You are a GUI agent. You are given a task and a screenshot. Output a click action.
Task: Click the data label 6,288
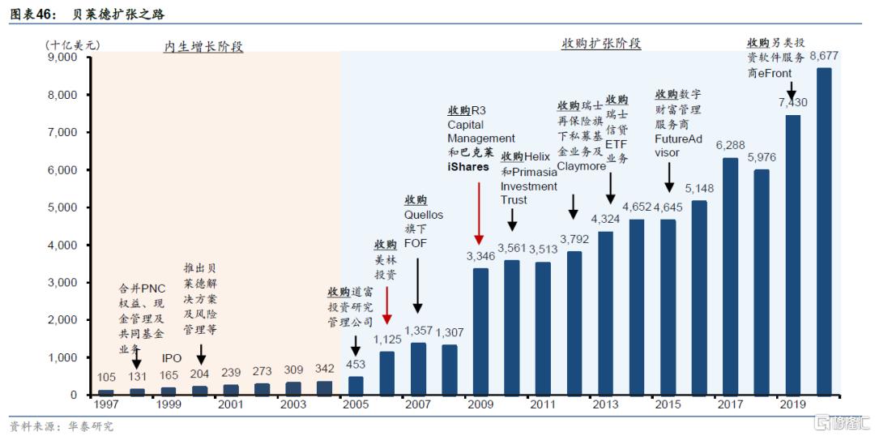(x=730, y=145)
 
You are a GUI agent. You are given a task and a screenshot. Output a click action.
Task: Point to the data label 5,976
(x=762, y=157)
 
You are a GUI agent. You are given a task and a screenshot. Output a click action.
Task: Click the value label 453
(x=356, y=365)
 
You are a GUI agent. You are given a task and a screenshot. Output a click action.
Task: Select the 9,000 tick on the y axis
(x=62, y=58)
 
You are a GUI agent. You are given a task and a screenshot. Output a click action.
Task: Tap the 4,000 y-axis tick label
(x=62, y=245)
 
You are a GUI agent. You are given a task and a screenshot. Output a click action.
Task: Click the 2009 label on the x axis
(x=480, y=404)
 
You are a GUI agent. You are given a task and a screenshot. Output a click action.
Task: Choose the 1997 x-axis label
(x=105, y=404)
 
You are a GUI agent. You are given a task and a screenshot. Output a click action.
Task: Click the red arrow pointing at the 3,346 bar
(x=480, y=212)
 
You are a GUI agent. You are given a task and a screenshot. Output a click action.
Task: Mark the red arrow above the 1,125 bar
(x=386, y=304)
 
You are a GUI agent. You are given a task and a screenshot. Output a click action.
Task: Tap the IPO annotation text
(x=172, y=357)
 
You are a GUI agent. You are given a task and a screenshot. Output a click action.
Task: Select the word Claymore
(x=581, y=166)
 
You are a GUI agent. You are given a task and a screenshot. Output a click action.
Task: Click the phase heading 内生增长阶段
(x=203, y=47)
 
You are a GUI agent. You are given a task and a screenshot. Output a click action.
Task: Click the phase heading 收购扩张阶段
(x=601, y=44)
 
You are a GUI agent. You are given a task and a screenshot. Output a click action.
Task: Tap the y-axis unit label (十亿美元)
(x=73, y=45)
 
